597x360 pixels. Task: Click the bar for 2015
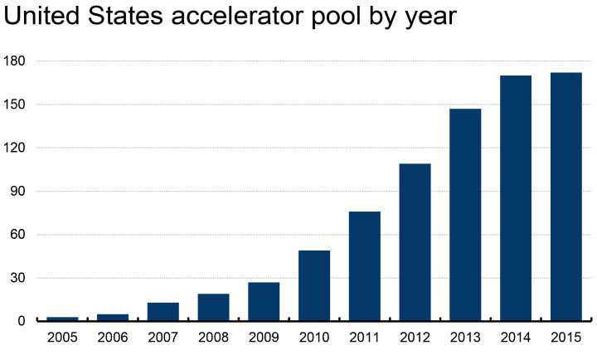tap(565, 197)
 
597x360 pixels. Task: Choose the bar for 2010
tap(314, 285)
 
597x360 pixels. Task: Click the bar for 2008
tap(214, 307)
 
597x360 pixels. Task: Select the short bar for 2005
tap(63, 319)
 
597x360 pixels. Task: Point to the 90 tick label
tap(20, 192)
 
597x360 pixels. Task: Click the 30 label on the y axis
tap(20, 278)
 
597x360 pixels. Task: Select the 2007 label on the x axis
tap(163, 338)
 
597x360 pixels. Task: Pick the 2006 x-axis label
tap(113, 338)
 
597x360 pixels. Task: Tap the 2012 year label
tap(415, 338)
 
